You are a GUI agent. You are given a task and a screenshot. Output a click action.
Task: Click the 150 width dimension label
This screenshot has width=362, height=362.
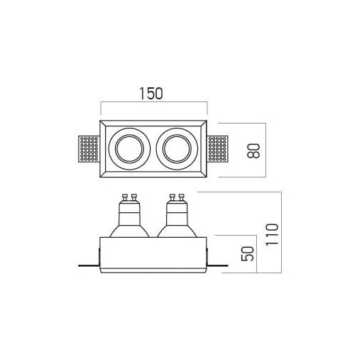151,94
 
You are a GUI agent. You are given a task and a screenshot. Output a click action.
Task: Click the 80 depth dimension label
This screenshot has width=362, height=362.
253,150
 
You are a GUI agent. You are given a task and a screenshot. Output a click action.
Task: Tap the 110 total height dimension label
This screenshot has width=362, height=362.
272,234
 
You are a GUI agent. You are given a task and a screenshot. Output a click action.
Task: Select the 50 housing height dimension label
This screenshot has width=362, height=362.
248,253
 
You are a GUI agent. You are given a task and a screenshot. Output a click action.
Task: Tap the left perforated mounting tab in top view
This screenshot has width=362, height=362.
89,149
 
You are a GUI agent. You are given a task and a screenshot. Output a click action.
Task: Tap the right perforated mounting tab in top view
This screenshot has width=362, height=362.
218,149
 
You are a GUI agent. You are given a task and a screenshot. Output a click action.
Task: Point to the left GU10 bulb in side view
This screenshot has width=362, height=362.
129,216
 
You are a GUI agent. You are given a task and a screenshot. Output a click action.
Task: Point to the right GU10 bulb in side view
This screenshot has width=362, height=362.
177,216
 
